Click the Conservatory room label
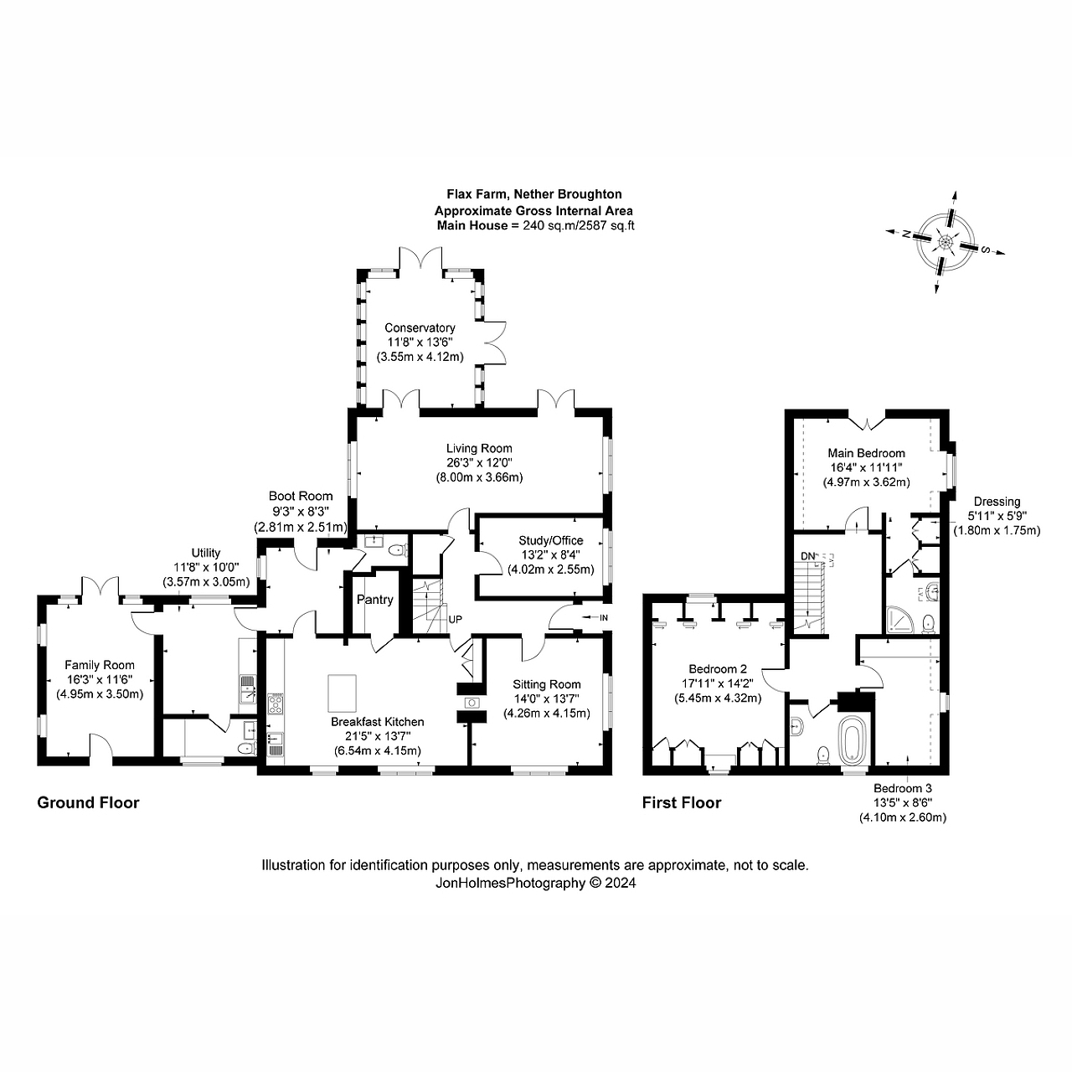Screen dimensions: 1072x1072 [x=420, y=327]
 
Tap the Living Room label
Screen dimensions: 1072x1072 [x=479, y=448]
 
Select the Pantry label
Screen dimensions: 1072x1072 [x=375, y=600]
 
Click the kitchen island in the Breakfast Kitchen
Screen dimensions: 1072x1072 [x=343, y=693]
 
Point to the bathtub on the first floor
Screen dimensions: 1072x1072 [x=853, y=740]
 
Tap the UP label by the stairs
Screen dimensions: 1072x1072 [x=455, y=620]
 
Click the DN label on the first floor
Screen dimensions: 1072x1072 [x=807, y=556]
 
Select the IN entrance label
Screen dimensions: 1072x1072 [x=604, y=617]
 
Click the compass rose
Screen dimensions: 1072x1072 [x=946, y=243]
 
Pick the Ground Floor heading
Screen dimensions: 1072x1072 [x=88, y=802]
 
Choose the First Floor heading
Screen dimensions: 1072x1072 [x=682, y=802]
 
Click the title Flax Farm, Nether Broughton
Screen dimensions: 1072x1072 [x=534, y=194]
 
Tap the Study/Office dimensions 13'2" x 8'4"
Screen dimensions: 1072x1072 [x=551, y=554]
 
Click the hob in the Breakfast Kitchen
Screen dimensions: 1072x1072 [x=276, y=703]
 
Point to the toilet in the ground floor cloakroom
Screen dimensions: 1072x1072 [x=397, y=550]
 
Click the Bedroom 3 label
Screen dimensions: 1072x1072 [x=902, y=788]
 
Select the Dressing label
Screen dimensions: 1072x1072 [x=997, y=502]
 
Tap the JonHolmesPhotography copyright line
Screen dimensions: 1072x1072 [x=535, y=883]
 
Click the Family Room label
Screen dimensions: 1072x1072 [x=100, y=665]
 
